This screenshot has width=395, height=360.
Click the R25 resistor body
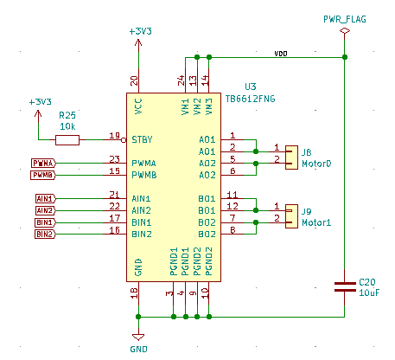[67, 140]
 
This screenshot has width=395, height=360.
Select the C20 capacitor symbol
[345, 287]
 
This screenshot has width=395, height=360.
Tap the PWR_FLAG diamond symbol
[345, 30]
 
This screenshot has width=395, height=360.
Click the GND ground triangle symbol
[138, 337]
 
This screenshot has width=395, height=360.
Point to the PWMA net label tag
[43, 164]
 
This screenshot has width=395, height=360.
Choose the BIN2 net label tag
[45, 234]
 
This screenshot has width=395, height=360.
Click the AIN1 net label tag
[46, 199]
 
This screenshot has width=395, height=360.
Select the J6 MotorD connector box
[291, 157]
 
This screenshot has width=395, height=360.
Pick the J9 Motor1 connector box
[291, 216]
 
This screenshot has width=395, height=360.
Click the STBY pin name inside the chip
[142, 139]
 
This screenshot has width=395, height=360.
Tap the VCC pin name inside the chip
[138, 106]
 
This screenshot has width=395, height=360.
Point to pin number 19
[114, 135]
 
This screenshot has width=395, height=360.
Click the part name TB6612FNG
[250, 99]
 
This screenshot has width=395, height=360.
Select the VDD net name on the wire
[281, 54]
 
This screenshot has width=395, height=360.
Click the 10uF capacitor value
[369, 292]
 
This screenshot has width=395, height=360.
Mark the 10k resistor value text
[67, 126]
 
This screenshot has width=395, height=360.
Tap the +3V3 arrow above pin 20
[138, 43]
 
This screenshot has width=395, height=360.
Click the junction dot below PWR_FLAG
[345, 57]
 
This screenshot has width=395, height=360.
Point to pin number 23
[114, 159]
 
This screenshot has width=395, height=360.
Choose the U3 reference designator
[251, 87]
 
